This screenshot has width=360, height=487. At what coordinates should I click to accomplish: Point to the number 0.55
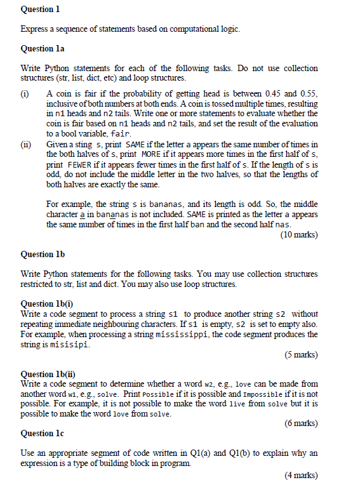click(x=307, y=93)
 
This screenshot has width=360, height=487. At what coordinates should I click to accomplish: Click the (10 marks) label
click(x=298, y=234)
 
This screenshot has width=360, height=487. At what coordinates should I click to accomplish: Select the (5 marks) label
click(x=301, y=354)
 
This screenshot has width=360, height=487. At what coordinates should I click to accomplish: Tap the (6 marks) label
click(x=301, y=423)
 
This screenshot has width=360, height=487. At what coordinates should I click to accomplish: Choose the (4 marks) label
click(x=301, y=476)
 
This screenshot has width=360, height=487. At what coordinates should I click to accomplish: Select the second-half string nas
click(x=283, y=224)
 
